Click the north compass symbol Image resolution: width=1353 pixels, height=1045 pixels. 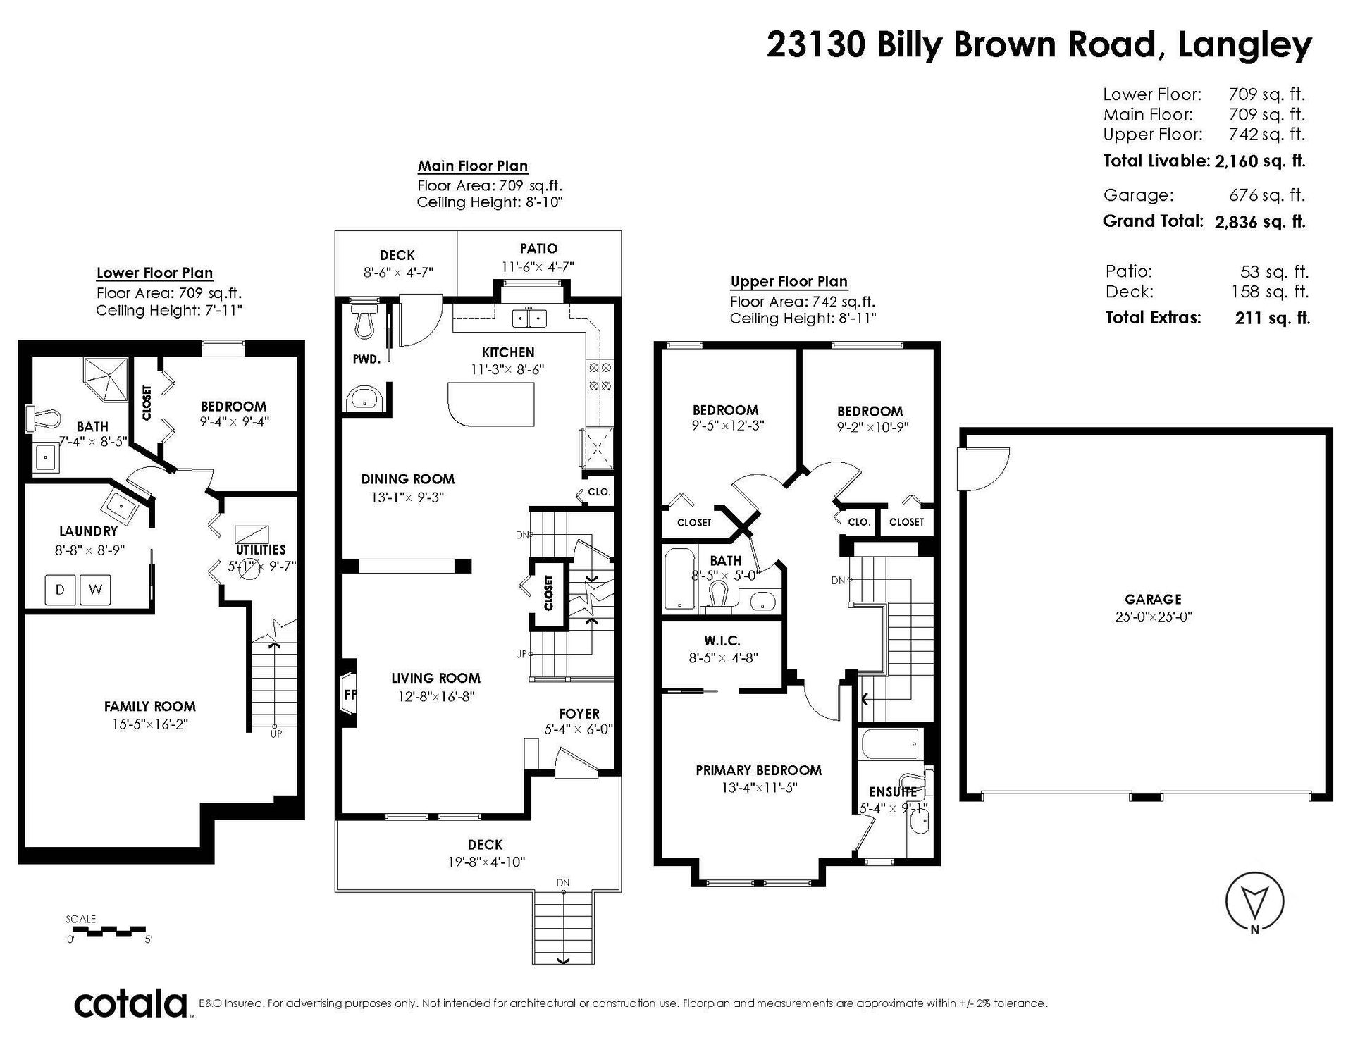[1254, 903]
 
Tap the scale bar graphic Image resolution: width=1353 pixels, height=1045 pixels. [109, 930]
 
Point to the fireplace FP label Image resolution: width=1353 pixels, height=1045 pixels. [350, 694]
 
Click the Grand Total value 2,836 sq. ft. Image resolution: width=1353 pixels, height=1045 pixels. [1260, 221]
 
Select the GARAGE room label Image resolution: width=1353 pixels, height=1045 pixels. [1153, 599]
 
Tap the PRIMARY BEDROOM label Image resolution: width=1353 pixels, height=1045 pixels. [758, 770]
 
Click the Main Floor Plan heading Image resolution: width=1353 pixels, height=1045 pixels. [472, 166]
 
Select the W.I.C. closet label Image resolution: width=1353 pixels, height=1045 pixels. [722, 641]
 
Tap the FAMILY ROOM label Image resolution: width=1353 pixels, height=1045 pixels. [149, 706]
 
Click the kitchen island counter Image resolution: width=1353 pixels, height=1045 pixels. [490, 404]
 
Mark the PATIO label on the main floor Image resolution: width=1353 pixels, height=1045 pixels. [538, 248]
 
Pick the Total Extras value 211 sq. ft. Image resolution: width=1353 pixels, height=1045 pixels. [1273, 318]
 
